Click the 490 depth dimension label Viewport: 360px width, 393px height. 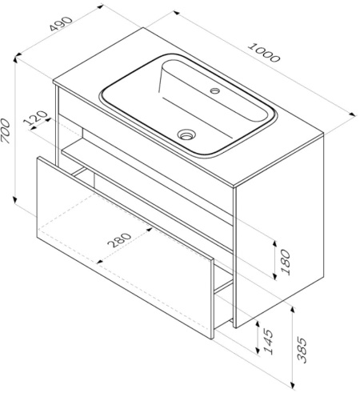(x=61, y=24)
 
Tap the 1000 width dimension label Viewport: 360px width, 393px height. (x=264, y=53)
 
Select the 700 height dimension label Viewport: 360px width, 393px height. (x=6, y=131)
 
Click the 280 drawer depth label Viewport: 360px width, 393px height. (x=119, y=240)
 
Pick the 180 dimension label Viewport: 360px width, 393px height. (x=286, y=262)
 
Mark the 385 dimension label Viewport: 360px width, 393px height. (x=302, y=350)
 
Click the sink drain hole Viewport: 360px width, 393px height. (x=186, y=134)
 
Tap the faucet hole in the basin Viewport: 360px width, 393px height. (x=214, y=90)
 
